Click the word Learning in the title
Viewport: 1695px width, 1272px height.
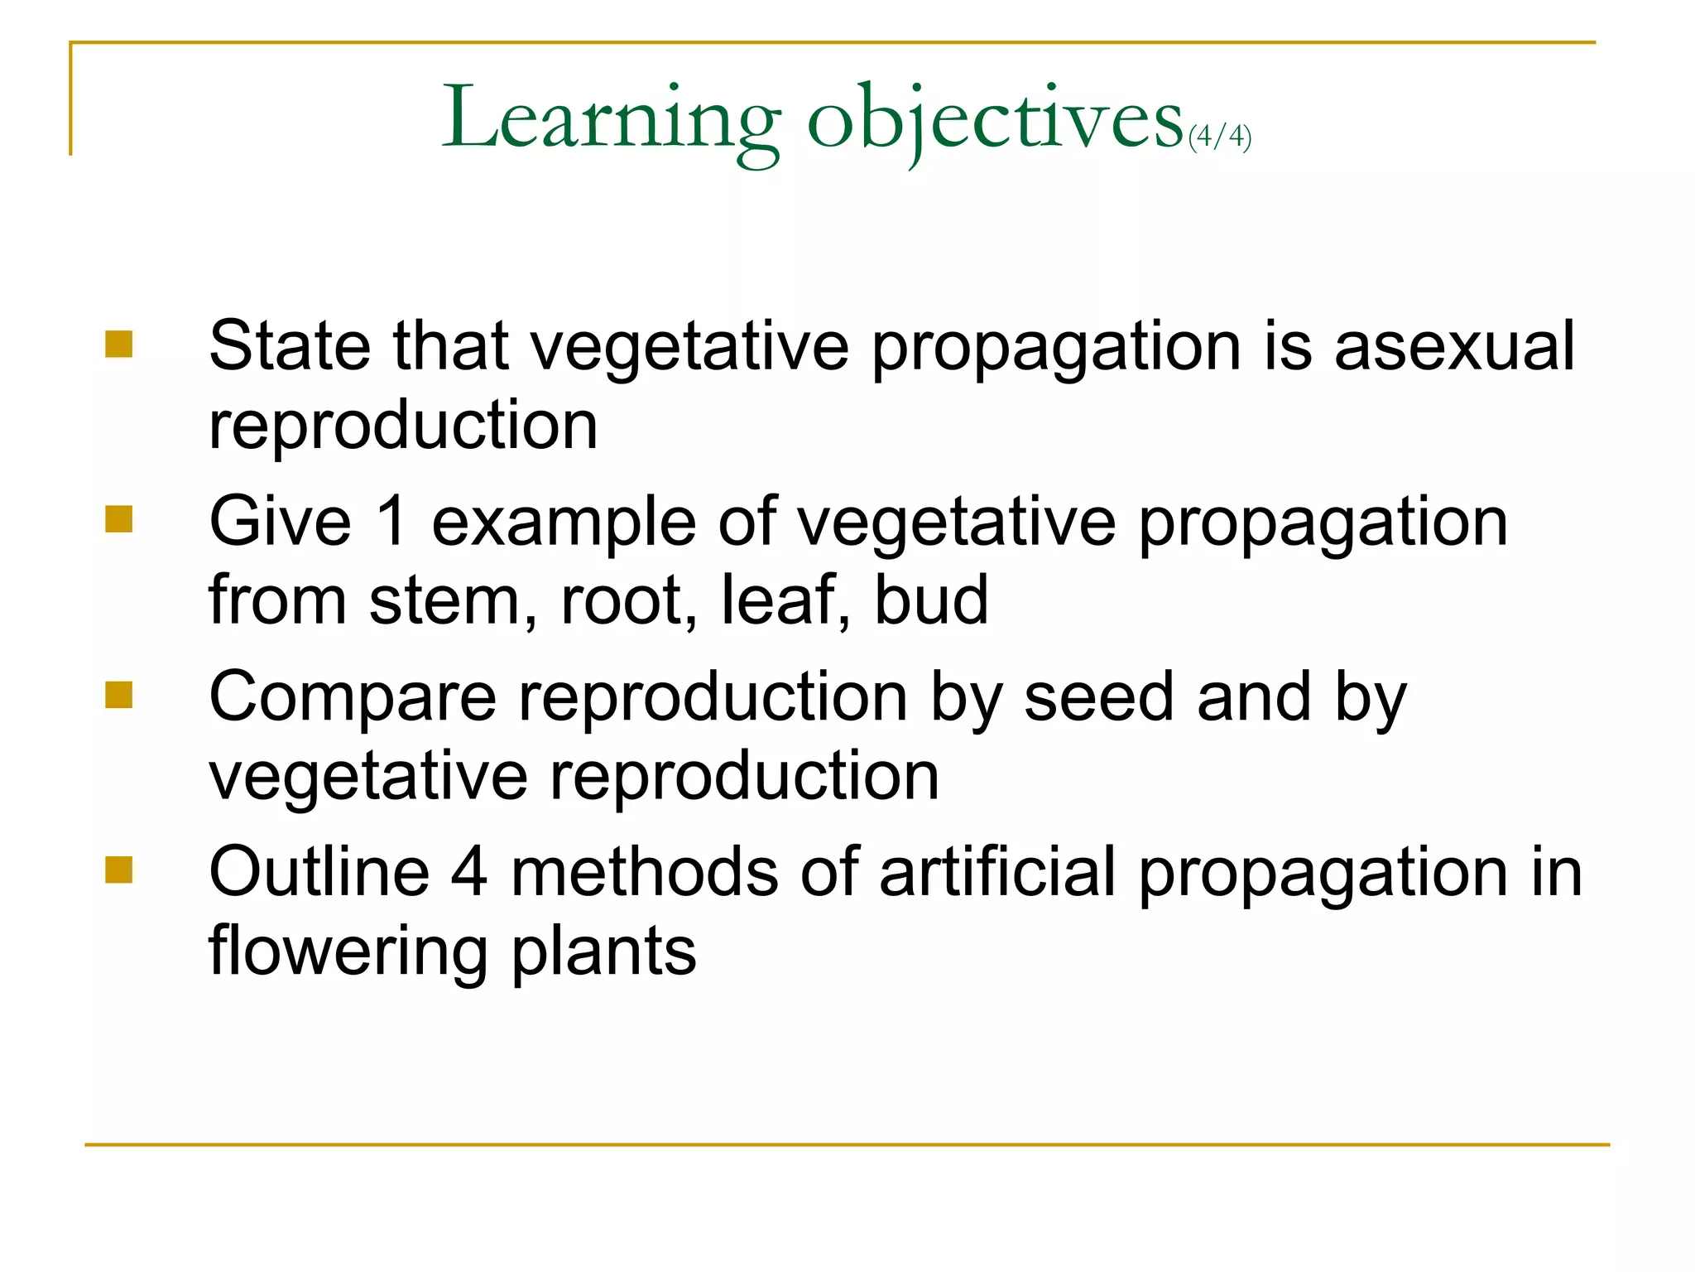[611, 120]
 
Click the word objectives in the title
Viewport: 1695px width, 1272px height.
[995, 120]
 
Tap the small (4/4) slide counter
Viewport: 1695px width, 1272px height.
[1219, 136]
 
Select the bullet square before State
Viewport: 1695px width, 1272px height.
[119, 344]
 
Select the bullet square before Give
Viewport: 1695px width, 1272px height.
[119, 519]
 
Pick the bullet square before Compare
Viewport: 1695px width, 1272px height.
[119, 695]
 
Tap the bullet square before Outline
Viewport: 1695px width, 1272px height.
[119, 870]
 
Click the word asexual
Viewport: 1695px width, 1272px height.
[1454, 345]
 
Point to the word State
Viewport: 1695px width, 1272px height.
[290, 345]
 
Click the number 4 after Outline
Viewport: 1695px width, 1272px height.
[469, 871]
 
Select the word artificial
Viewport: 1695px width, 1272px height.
[997, 871]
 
